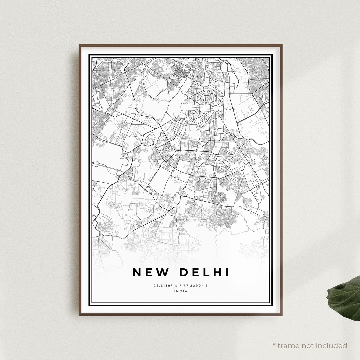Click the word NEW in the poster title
pos(150,272)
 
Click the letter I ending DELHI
pos(228,272)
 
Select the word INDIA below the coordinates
pos(181,291)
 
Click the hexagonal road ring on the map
pos(215,109)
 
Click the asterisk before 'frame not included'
pos(275,345)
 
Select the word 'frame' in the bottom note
pos(289,345)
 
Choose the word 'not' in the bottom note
pos(308,345)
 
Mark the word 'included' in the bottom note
pos(332,345)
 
